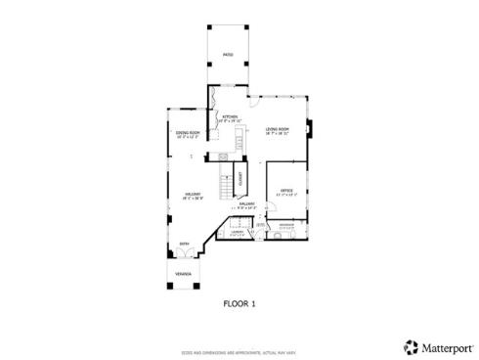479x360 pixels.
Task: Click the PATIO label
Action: tap(227, 55)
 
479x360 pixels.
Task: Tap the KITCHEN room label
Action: tap(230, 117)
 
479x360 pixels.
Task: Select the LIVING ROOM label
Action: tap(278, 129)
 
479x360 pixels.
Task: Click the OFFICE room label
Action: tap(286, 191)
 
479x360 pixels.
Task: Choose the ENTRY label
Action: tap(183, 245)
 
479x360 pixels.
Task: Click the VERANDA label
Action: tap(183, 273)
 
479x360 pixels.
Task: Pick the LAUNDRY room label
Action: tap(238, 232)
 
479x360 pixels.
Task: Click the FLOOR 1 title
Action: tap(239, 304)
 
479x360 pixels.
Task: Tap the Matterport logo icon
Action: tap(411, 346)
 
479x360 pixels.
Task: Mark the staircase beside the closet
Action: tap(227, 182)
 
